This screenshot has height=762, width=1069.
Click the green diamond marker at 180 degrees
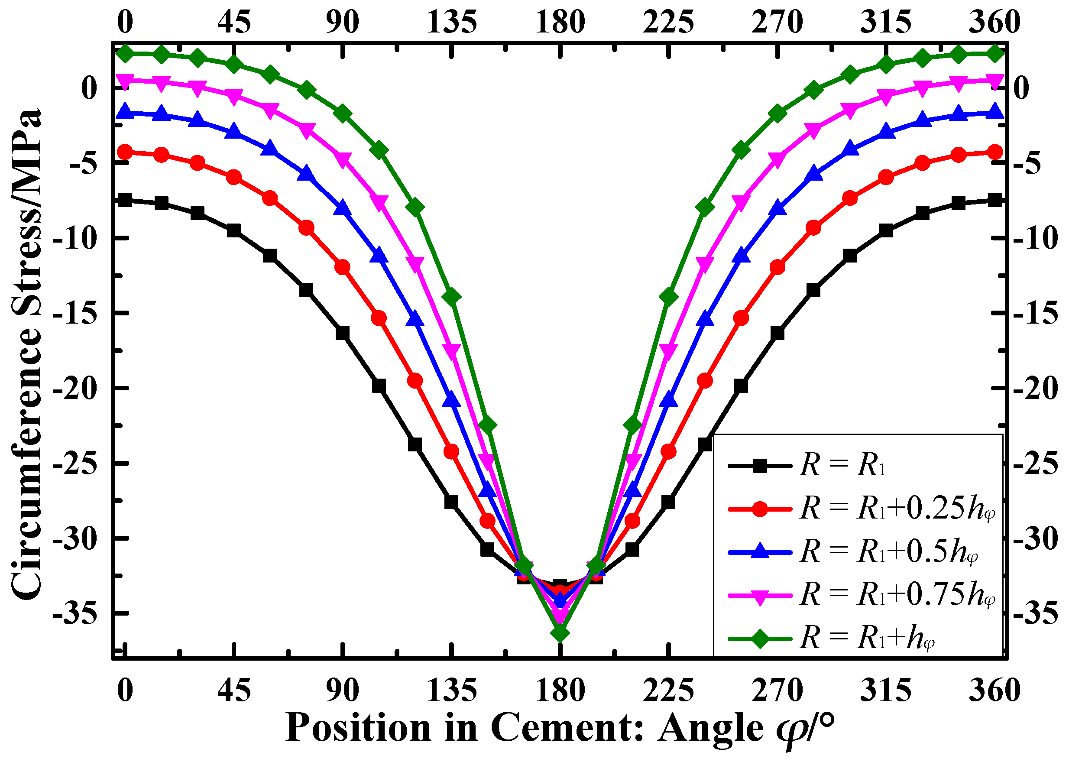click(x=560, y=633)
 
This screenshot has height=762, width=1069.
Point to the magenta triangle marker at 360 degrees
click(x=995, y=81)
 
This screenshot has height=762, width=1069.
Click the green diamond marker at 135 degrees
click(x=452, y=297)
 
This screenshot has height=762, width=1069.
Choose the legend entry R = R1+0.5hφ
click(x=889, y=551)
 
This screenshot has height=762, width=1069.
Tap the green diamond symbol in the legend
click(x=759, y=639)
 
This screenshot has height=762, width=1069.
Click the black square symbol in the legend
click(x=759, y=466)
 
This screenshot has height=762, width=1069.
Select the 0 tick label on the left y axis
click(x=89, y=88)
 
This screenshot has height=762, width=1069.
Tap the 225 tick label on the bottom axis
click(x=668, y=691)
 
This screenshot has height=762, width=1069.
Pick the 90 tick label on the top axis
click(x=343, y=22)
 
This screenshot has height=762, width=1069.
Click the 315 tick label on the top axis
click(x=886, y=22)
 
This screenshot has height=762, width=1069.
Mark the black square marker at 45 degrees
click(x=233, y=230)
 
